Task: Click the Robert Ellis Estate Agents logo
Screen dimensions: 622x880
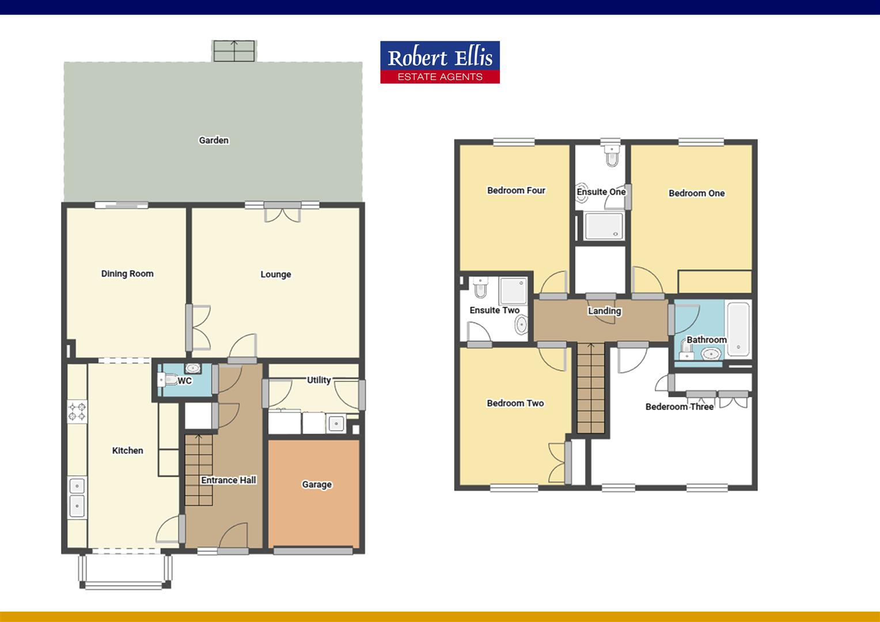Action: click(439, 62)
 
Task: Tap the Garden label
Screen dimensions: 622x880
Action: click(214, 140)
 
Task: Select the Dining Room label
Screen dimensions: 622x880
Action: click(127, 274)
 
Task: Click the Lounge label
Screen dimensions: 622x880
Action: click(275, 274)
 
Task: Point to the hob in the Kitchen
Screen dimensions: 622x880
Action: click(77, 411)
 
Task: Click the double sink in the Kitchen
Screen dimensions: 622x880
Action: click(77, 497)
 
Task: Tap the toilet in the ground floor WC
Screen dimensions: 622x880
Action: click(169, 380)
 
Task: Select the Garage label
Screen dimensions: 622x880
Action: click(317, 484)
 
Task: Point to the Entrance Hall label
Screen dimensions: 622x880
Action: click(228, 480)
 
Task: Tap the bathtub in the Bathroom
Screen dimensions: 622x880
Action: click(738, 329)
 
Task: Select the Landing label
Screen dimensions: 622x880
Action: click(604, 311)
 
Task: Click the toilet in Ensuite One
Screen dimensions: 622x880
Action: click(611, 155)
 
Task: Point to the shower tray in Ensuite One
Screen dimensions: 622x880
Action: click(604, 226)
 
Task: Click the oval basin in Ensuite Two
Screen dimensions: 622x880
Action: click(521, 325)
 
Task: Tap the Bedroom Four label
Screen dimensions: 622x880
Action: click(515, 190)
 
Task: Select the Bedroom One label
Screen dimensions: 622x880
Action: click(696, 193)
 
